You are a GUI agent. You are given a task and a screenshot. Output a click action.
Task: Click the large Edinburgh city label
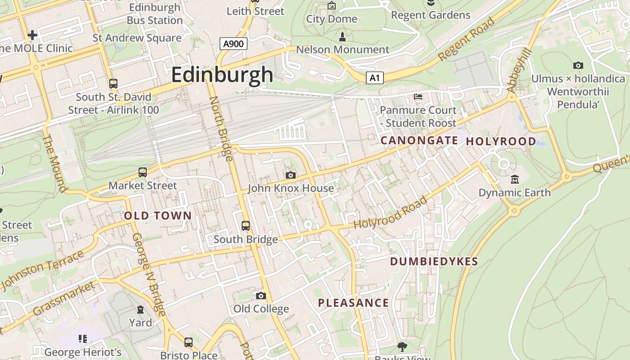point(222,74)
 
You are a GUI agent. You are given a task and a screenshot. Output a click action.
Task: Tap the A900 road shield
point(234,44)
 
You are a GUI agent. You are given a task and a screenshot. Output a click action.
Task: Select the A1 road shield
point(374,78)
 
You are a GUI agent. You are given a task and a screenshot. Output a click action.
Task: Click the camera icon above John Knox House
point(291,175)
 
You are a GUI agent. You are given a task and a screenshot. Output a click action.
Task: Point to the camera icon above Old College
point(261,296)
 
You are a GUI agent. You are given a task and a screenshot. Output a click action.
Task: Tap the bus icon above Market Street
point(143,172)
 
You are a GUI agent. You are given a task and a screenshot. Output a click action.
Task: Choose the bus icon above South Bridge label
point(246,226)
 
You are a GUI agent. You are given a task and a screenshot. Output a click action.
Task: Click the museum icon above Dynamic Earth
point(515,180)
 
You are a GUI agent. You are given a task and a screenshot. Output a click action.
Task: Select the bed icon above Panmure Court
point(418,97)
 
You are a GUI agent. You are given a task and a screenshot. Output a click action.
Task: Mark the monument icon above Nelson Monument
point(342,36)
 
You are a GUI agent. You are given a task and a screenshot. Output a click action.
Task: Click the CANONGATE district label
point(419,140)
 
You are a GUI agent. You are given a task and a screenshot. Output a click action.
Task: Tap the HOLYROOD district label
point(501,141)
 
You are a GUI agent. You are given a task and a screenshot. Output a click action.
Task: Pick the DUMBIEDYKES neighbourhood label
point(434,261)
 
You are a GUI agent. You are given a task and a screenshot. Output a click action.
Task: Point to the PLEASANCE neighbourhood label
point(353,303)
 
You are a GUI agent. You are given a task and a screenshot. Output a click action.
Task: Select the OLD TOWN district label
point(158,216)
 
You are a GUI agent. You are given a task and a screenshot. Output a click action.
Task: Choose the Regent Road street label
point(467,40)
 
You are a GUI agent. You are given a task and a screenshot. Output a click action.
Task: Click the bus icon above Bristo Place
point(189,342)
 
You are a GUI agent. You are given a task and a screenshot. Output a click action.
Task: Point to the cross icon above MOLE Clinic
point(32,35)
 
